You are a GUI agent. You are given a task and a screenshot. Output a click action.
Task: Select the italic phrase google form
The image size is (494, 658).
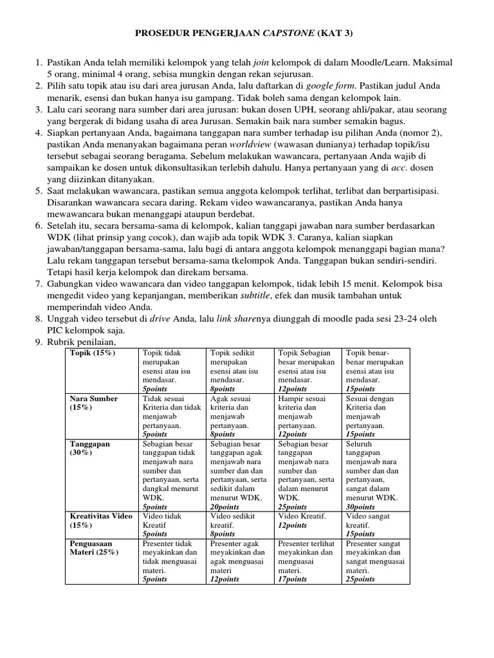(329, 85)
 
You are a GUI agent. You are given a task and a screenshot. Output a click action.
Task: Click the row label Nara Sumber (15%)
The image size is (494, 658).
(94, 402)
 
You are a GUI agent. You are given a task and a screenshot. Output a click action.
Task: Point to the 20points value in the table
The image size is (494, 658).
(224, 506)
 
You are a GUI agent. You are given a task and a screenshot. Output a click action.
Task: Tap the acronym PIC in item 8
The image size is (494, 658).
(55, 329)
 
